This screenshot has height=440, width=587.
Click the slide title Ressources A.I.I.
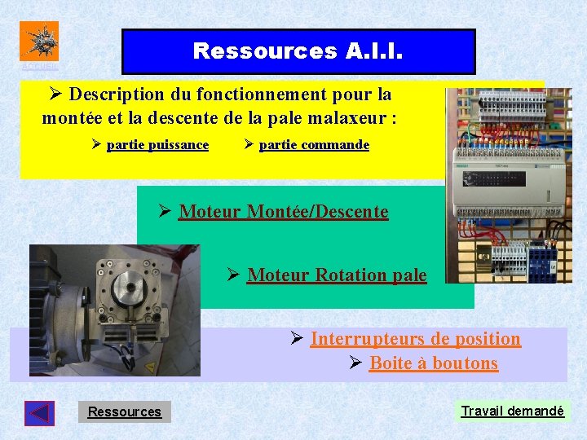pos(298,51)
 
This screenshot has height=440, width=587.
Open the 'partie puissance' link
pos(157,145)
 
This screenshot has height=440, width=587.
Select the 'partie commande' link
pos(314,145)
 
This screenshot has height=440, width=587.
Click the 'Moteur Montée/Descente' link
pos(283,212)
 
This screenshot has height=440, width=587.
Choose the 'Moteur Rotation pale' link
pos(336,275)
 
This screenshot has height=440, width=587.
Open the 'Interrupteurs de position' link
pos(415,339)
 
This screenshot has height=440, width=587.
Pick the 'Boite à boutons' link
pos(433,363)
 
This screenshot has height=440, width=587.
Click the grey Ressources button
pos(125,411)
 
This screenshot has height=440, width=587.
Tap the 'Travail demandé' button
pos(512,411)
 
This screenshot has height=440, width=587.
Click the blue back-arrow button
pos(39,413)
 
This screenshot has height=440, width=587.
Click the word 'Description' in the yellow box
pos(115,94)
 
